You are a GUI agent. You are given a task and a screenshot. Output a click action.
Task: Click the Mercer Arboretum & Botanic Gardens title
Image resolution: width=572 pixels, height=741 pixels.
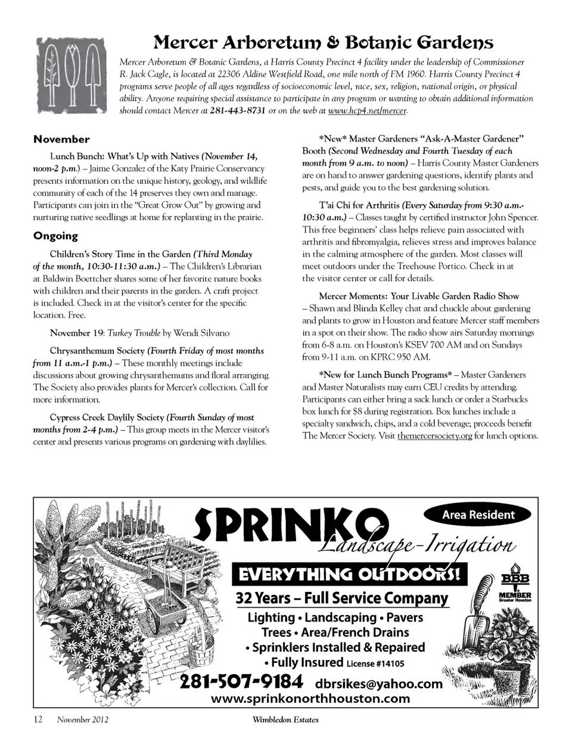point(324,42)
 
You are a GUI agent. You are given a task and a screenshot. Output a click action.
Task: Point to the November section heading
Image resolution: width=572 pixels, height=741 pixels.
point(61,140)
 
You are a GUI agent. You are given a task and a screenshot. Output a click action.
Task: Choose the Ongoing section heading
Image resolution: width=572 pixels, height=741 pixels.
point(55,236)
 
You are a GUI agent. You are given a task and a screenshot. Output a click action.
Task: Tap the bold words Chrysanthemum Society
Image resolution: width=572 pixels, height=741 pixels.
point(97,351)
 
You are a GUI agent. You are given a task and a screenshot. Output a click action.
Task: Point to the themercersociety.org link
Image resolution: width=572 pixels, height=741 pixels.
point(434,436)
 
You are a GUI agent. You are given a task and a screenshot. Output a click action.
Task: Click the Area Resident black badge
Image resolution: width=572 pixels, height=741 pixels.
point(478,515)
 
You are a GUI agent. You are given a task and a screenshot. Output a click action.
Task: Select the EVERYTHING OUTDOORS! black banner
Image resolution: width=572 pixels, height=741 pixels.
point(350,575)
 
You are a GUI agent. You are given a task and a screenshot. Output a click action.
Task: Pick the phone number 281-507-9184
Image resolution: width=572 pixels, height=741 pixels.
point(241,681)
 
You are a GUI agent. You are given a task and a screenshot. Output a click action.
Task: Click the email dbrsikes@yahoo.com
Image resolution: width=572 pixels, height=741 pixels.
point(379,684)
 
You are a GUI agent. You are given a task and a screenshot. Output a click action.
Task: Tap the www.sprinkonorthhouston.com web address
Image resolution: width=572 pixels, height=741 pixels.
point(310,699)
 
